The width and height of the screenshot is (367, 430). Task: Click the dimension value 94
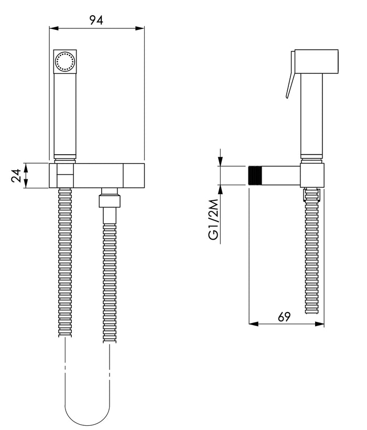pos(96,20)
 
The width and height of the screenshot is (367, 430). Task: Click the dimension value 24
pos(16,176)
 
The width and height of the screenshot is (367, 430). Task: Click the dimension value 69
pos(284,317)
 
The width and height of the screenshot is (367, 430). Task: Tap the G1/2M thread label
pos(214,219)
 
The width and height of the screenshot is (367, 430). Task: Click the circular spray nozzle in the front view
pos(64,61)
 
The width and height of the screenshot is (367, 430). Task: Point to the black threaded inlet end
pos(252,176)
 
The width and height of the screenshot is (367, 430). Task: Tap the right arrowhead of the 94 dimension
pos(140,28)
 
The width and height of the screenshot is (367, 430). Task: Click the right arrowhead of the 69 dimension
pos(320,324)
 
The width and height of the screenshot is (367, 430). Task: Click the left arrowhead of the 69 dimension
pos(254,324)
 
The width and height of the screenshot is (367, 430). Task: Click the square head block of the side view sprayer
pos(316,62)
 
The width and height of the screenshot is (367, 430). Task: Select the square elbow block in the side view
pos(312,176)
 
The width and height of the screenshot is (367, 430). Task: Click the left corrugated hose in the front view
pos(65,262)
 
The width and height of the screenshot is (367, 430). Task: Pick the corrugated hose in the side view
pos(311,251)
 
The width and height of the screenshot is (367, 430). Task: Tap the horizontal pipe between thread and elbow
pos(278,176)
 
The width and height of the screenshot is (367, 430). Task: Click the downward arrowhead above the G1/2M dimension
pos(220,161)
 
